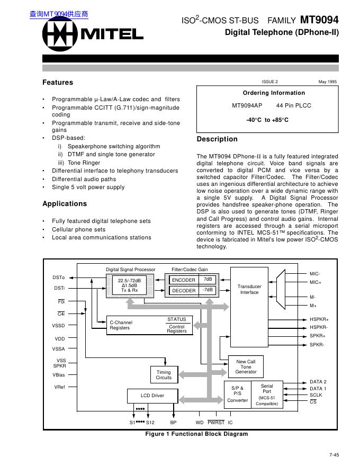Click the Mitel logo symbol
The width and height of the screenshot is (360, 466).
coord(59,35)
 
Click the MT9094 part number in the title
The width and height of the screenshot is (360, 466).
coord(319,20)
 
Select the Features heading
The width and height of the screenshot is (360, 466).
coord(58,83)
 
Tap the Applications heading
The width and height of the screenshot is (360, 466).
coord(64,204)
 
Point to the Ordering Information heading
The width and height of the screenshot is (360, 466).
coord(267,93)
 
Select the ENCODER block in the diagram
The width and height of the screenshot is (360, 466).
coord(184,280)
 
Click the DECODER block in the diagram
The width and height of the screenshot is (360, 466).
coord(184,290)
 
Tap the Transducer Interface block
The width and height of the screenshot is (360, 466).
coord(249,289)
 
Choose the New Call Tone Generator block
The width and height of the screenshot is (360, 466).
coord(246,366)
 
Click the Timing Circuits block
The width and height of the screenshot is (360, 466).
coord(164,375)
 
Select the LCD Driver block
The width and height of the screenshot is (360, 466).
coord(152,396)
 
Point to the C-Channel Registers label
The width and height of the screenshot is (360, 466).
coord(121,325)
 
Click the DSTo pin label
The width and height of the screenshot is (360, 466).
coord(59,277)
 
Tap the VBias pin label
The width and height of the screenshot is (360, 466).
coord(59,375)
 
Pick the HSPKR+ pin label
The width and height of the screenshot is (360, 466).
coord(319,320)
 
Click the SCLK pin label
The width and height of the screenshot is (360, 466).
coord(316,395)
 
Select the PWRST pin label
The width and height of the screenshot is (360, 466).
coord(216,423)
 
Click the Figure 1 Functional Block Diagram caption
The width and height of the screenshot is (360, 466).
coord(196,434)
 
